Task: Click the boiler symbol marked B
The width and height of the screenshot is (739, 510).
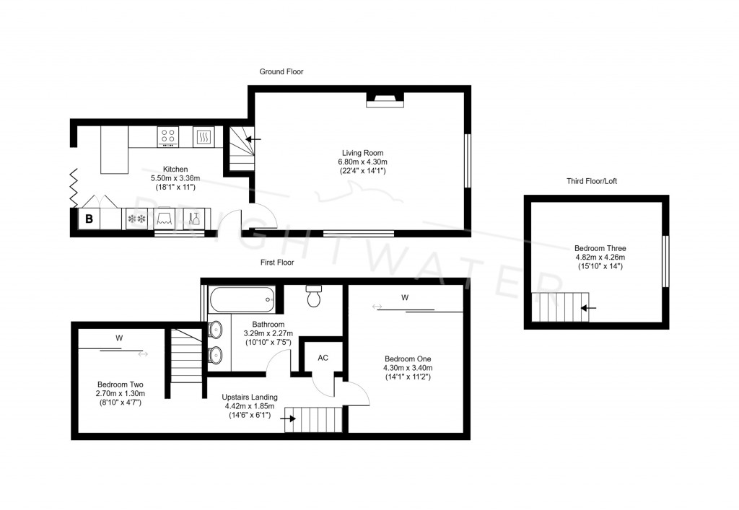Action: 89,219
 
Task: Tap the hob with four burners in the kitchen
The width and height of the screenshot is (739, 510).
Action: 169,136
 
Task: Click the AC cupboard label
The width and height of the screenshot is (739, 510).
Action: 323,358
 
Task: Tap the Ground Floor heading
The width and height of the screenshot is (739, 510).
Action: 281,71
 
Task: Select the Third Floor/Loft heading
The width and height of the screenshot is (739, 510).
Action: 592,181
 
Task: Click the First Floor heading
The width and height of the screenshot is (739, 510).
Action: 277,263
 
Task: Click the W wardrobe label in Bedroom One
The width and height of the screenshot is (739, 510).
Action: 405,297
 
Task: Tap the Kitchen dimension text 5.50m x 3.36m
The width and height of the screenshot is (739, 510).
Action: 175,178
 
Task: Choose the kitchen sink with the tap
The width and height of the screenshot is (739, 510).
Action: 193,218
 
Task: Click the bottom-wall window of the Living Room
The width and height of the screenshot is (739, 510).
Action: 359,233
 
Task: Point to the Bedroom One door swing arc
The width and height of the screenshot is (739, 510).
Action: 359,392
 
